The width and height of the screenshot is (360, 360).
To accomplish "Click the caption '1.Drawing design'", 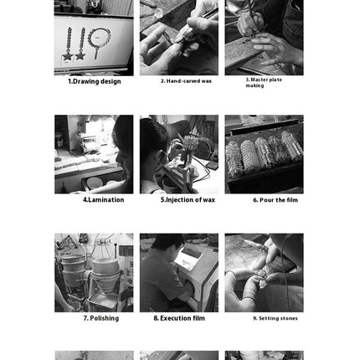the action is pyautogui.click(x=95, y=81).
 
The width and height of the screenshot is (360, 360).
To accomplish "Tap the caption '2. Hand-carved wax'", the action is pyautogui.click(x=186, y=81).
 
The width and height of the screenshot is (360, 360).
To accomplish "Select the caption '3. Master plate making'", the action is pyautogui.click(x=264, y=83).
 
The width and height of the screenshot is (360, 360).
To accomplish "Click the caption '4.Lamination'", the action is pyautogui.click(x=104, y=200).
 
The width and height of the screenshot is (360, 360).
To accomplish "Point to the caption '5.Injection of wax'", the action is pyautogui.click(x=188, y=200).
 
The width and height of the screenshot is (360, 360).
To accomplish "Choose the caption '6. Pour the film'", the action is pyautogui.click(x=275, y=200).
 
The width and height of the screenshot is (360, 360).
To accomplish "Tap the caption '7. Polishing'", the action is pyautogui.click(x=101, y=318).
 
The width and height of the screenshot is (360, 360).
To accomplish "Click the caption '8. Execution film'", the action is pyautogui.click(x=179, y=318).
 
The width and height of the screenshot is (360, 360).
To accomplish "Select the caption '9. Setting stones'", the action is pyautogui.click(x=275, y=318).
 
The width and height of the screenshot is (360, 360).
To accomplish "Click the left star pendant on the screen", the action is pyautogui.click(x=68, y=55).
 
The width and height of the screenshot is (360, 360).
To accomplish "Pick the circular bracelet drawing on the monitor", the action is pyautogui.click(x=99, y=38).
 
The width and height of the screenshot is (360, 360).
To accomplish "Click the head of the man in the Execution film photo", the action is pyautogui.click(x=165, y=244).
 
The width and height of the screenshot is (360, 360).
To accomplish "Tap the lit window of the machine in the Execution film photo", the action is pyautogui.click(x=188, y=259).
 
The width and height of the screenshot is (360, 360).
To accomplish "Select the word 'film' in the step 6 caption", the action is pyautogui.click(x=291, y=200).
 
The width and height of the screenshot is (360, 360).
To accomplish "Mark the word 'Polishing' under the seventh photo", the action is pyautogui.click(x=105, y=318).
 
